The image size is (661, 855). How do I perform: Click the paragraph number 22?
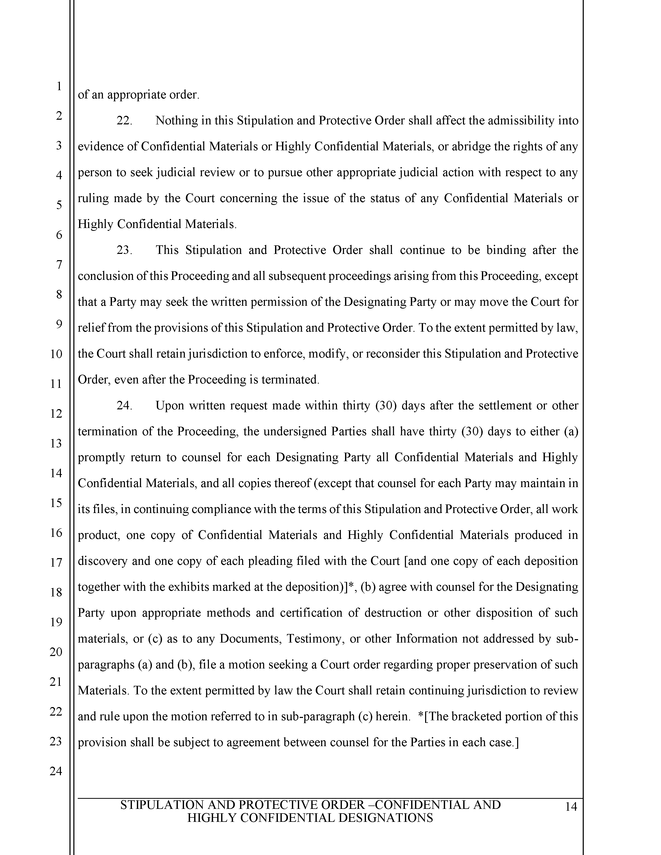(124, 120)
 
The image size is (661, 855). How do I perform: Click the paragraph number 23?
(124, 250)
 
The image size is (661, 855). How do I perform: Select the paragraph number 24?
(124, 405)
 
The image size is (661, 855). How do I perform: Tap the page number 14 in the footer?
(571, 807)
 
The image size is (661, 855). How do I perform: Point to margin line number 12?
(56, 414)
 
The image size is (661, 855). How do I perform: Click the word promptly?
(101, 458)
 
